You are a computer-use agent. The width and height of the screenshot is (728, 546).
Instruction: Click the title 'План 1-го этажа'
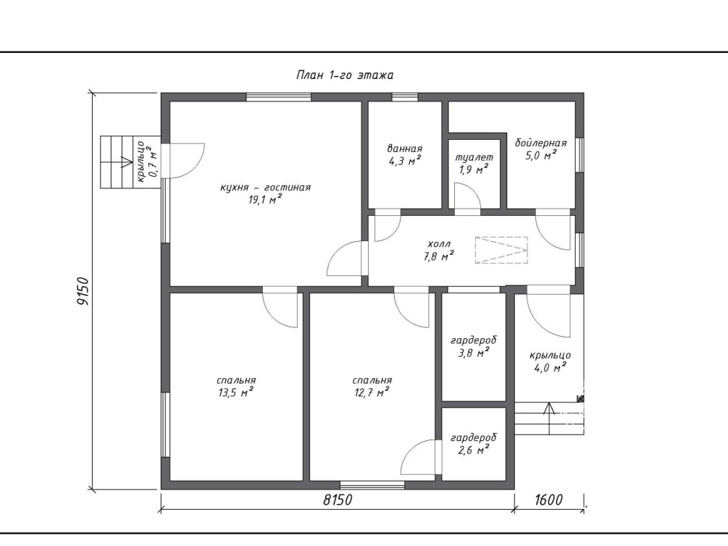(x=345, y=75)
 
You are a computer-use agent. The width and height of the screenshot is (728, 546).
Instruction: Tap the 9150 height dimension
(x=82, y=291)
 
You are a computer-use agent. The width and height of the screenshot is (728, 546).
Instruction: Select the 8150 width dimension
(x=338, y=500)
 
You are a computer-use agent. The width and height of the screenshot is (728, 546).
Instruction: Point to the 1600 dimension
(x=548, y=500)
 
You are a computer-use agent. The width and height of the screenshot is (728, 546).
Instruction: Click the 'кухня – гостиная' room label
(x=265, y=188)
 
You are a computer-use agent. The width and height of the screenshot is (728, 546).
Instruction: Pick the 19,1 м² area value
(x=265, y=200)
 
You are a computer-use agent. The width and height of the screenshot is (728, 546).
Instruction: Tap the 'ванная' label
(x=404, y=148)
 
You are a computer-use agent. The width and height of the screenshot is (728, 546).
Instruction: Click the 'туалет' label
(x=474, y=157)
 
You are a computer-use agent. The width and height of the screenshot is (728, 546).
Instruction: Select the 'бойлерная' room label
(x=540, y=143)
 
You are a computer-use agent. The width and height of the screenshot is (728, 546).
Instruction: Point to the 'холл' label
(x=439, y=244)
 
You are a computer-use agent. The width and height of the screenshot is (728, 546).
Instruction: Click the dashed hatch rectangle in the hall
(x=501, y=251)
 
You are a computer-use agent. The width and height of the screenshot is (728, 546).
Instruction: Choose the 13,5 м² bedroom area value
(x=236, y=392)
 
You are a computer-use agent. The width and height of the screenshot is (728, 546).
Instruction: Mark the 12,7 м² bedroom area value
(x=372, y=392)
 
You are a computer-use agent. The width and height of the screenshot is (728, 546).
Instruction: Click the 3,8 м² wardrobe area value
(x=473, y=353)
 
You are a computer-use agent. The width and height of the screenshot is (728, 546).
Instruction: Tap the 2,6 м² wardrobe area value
(x=473, y=450)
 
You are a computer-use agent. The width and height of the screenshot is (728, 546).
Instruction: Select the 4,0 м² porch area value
(x=551, y=368)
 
